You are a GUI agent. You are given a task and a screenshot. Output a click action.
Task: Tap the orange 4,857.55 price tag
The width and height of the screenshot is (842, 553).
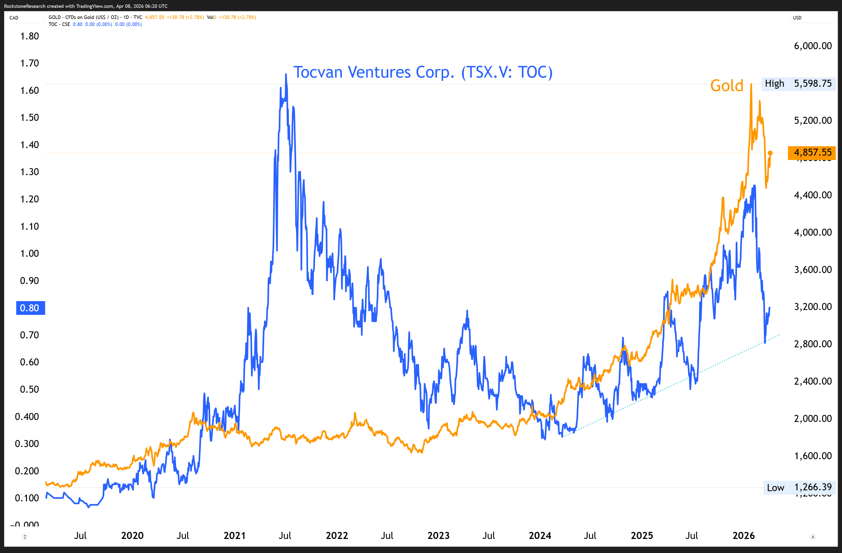(812, 152)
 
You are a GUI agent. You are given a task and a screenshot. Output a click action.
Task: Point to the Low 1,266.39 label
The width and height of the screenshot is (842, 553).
(799, 487)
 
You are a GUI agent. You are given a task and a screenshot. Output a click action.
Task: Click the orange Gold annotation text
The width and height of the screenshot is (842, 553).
(727, 86)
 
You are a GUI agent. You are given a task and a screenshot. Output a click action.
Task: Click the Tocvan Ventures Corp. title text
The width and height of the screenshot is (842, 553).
(423, 72)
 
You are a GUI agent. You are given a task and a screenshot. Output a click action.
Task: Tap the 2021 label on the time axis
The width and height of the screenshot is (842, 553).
(234, 535)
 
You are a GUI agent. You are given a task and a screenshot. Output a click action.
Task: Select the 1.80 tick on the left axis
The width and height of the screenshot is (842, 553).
(29, 36)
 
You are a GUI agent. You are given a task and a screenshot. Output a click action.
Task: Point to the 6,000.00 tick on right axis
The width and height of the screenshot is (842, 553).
(813, 46)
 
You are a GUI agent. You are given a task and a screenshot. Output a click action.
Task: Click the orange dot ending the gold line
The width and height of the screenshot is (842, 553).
(770, 153)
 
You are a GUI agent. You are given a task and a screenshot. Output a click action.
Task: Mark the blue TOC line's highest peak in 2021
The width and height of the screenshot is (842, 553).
(286, 74)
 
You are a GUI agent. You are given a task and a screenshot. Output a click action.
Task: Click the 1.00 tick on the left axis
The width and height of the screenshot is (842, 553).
(29, 254)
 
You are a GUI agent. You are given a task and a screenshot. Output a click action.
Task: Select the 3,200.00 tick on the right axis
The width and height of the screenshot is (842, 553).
(813, 307)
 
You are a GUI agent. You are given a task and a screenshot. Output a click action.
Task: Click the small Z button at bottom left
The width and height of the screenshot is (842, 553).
(25, 537)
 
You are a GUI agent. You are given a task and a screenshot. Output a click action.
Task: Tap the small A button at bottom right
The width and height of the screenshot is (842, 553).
(813, 537)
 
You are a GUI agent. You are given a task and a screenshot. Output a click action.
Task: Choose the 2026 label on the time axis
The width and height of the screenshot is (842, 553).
(743, 535)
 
